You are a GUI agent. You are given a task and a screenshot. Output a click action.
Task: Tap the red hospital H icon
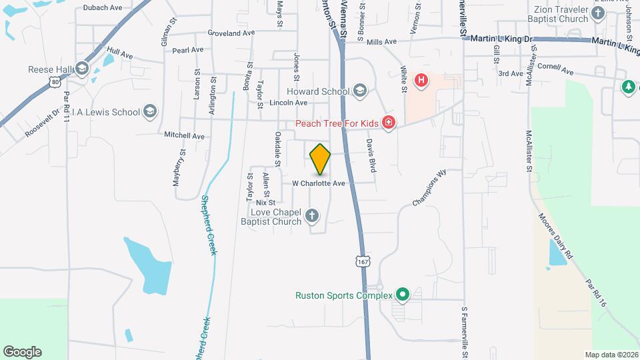click(421, 81)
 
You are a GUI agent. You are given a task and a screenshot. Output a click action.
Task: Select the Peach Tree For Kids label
click(337, 123)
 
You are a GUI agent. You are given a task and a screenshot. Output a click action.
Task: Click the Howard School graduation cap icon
click(360, 91)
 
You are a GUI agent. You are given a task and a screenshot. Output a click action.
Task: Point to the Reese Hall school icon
click(82, 69)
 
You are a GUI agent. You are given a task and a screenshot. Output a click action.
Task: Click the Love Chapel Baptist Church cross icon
click(312, 215)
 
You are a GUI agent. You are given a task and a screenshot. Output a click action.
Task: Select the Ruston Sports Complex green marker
click(402, 294)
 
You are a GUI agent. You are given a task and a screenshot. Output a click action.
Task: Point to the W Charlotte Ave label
click(318, 183)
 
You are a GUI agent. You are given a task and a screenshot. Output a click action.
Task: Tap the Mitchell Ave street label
click(184, 135)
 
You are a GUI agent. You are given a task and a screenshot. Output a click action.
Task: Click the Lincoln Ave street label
click(288, 103)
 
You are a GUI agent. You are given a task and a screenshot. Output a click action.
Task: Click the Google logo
click(22, 352)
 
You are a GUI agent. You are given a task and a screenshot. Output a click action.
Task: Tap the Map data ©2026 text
click(611, 355)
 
